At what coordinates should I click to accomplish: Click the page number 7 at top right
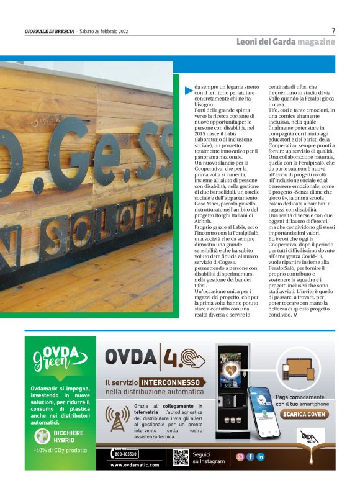(x=333, y=30)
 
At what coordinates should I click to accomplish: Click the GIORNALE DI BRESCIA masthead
(x=48, y=32)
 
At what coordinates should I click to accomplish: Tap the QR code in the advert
(x=180, y=457)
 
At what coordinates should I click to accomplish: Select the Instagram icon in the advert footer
(x=240, y=457)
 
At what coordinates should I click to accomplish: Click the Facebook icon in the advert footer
(x=250, y=457)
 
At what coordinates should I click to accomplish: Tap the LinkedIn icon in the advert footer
(x=261, y=457)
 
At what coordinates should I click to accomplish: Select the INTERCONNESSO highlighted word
(x=171, y=382)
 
